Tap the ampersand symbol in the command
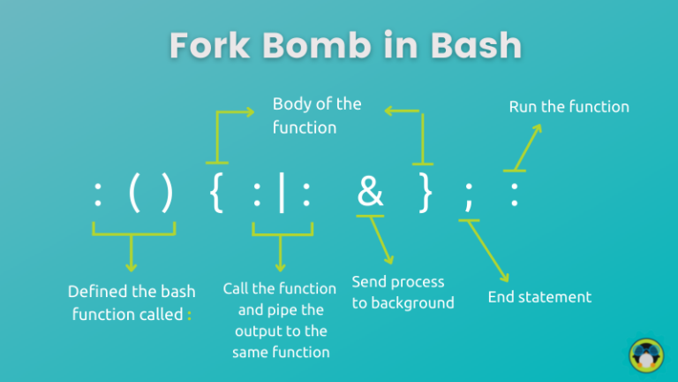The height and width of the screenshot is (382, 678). tap(370, 193)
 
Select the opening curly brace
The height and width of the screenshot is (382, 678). tap(218, 194)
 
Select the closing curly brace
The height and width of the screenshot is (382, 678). tap(426, 194)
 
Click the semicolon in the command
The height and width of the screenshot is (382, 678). tap(468, 196)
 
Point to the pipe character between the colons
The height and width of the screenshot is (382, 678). tap(281, 194)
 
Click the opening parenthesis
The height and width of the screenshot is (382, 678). tap(134, 194)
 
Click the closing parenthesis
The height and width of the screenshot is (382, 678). tap(168, 194)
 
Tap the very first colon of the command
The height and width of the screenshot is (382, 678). tap(97, 195)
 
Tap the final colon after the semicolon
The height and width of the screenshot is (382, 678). tap(514, 195)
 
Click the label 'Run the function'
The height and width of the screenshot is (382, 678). tap(569, 107)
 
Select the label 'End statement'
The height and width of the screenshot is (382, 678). tap(539, 297)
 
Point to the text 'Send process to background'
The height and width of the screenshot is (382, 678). tap(403, 293)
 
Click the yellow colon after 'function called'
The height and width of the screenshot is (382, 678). tap(189, 314)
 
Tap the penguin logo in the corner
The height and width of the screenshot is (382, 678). tap(646, 355)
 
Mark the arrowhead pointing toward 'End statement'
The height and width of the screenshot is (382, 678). tap(505, 278)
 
